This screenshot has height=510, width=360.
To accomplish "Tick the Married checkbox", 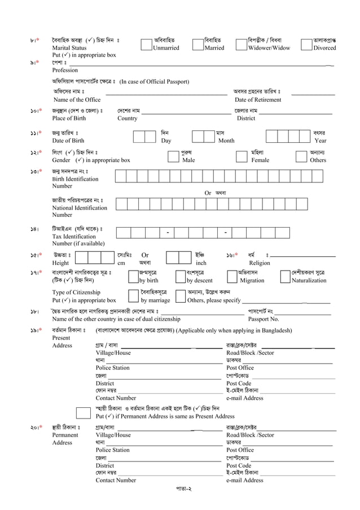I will click(198, 44).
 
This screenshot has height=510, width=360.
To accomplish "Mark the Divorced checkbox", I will click(308, 44).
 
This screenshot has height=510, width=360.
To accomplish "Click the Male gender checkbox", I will click(173, 156).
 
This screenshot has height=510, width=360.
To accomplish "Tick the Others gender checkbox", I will click(301, 156).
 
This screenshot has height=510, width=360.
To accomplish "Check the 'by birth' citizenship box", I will click(133, 276).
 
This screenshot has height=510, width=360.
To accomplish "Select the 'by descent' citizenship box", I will click(181, 276).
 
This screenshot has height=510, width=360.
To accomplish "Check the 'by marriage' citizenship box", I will click(133, 297).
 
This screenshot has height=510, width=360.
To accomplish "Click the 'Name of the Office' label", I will click(77, 100).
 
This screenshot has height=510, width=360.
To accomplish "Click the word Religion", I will click(260, 263).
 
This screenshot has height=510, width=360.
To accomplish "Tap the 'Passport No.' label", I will click(264, 319).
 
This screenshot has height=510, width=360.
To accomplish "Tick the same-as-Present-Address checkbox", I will click(83, 412).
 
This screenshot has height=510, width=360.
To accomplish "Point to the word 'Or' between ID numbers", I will click(208, 193).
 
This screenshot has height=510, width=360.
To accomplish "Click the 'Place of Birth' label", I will click(69, 119).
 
